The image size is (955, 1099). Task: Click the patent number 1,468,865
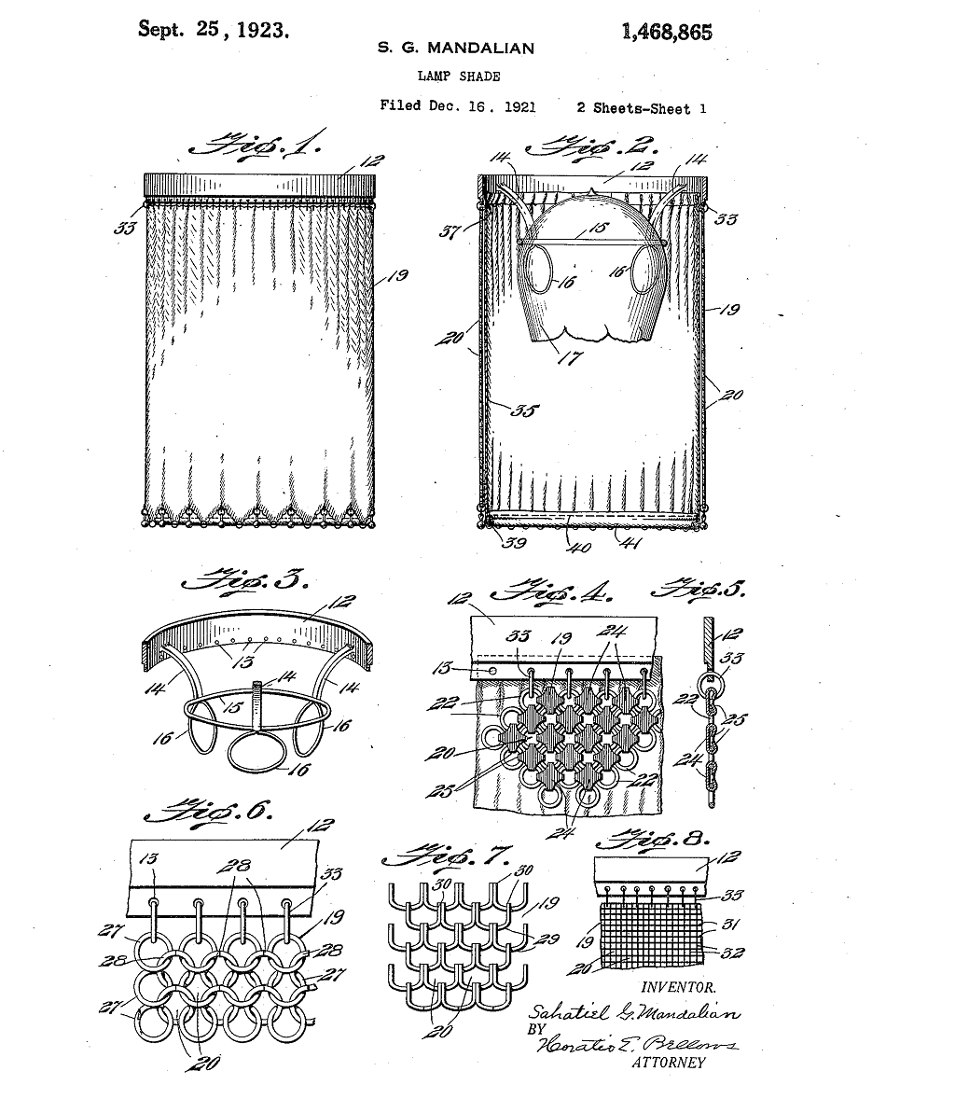click(x=665, y=32)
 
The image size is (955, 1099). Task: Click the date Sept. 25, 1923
click(x=213, y=28)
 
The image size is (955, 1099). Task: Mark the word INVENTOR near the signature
click(x=678, y=986)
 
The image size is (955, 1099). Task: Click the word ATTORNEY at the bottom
click(x=669, y=1062)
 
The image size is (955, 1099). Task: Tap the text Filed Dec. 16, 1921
click(x=458, y=106)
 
